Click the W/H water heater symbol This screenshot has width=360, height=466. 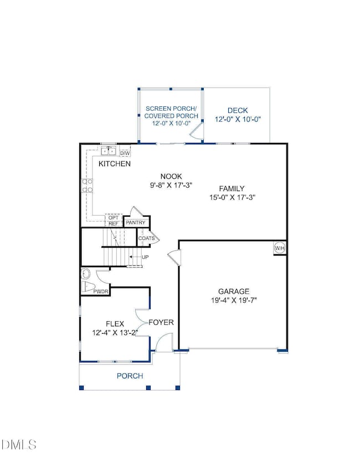[280, 248]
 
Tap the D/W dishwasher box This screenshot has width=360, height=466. [125, 153]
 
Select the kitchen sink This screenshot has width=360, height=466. [108, 151]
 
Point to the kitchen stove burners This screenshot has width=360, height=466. [88, 186]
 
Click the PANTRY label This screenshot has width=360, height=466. [136, 223]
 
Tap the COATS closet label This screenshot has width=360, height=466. [146, 238]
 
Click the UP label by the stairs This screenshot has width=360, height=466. [145, 257]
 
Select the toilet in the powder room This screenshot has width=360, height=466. [88, 287]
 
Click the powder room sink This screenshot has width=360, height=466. [86, 273]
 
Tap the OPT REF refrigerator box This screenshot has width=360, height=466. [114, 221]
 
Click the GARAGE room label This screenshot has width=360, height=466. [234, 291]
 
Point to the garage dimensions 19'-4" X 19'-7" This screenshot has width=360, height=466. [234, 300]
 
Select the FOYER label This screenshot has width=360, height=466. [161, 322]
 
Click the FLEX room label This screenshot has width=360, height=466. [115, 324]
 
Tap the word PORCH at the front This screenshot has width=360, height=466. [130, 376]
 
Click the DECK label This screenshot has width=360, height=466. [238, 111]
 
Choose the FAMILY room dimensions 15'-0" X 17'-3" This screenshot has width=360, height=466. [232, 197]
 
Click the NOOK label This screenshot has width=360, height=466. [171, 177]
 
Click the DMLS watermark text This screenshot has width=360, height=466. [18, 445]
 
